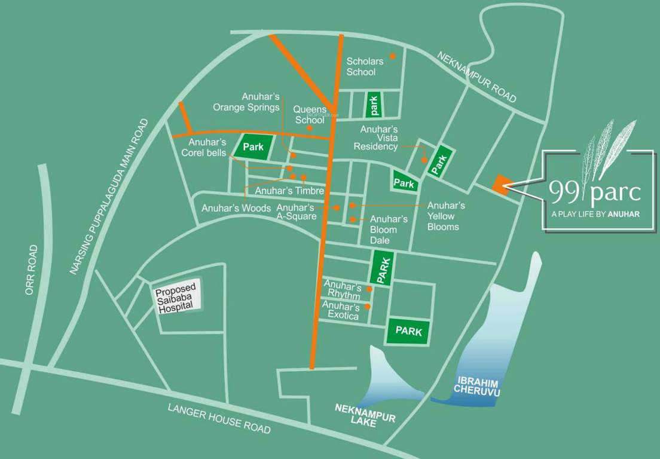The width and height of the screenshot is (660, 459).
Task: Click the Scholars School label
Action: [365, 66]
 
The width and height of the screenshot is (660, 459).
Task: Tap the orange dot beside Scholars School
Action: [393, 56]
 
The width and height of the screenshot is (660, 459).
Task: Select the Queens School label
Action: [310, 115]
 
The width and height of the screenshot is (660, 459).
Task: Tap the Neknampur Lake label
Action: [365, 413]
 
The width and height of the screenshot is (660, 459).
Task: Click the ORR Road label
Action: [32, 270]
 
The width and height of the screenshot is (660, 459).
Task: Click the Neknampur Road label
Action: [476, 77]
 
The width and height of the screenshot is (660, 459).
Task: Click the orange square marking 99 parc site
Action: [500, 186]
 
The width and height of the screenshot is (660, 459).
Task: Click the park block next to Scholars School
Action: [374, 105]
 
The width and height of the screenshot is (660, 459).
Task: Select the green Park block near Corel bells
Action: [253, 146]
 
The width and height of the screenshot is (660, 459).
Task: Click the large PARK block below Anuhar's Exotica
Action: [409, 331]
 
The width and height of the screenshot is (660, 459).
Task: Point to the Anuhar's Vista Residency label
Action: [377, 138]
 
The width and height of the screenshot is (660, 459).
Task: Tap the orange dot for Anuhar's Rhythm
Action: [369, 289]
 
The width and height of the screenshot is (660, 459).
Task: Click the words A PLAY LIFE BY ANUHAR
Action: [595, 213]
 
